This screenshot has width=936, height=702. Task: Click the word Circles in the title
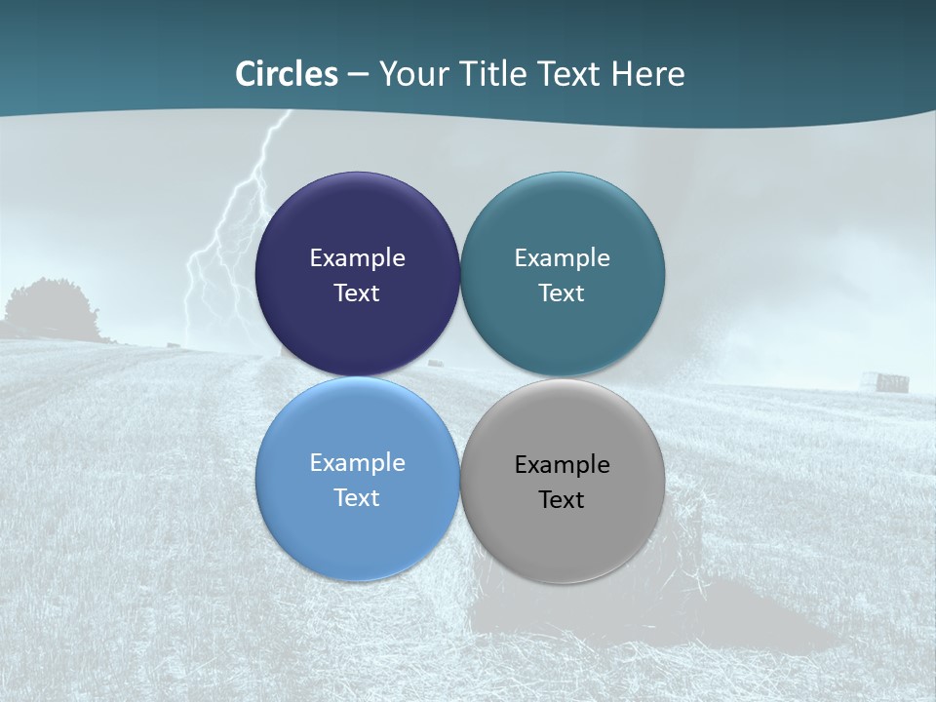coord(287,74)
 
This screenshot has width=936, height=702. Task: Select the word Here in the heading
coord(647,74)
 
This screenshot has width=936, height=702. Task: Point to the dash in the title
coord(357,75)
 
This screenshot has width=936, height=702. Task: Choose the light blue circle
coord(357,531)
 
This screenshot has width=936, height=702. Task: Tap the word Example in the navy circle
coord(357,258)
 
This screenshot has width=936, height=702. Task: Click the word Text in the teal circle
coord(562,293)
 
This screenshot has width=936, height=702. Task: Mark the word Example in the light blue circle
coord(357,463)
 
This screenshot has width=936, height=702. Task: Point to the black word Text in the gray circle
coord(562,500)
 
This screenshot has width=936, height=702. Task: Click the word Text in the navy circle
coord(357,293)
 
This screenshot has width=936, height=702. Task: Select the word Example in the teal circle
coord(562,258)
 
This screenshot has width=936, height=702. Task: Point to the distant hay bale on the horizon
coord(890,381)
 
